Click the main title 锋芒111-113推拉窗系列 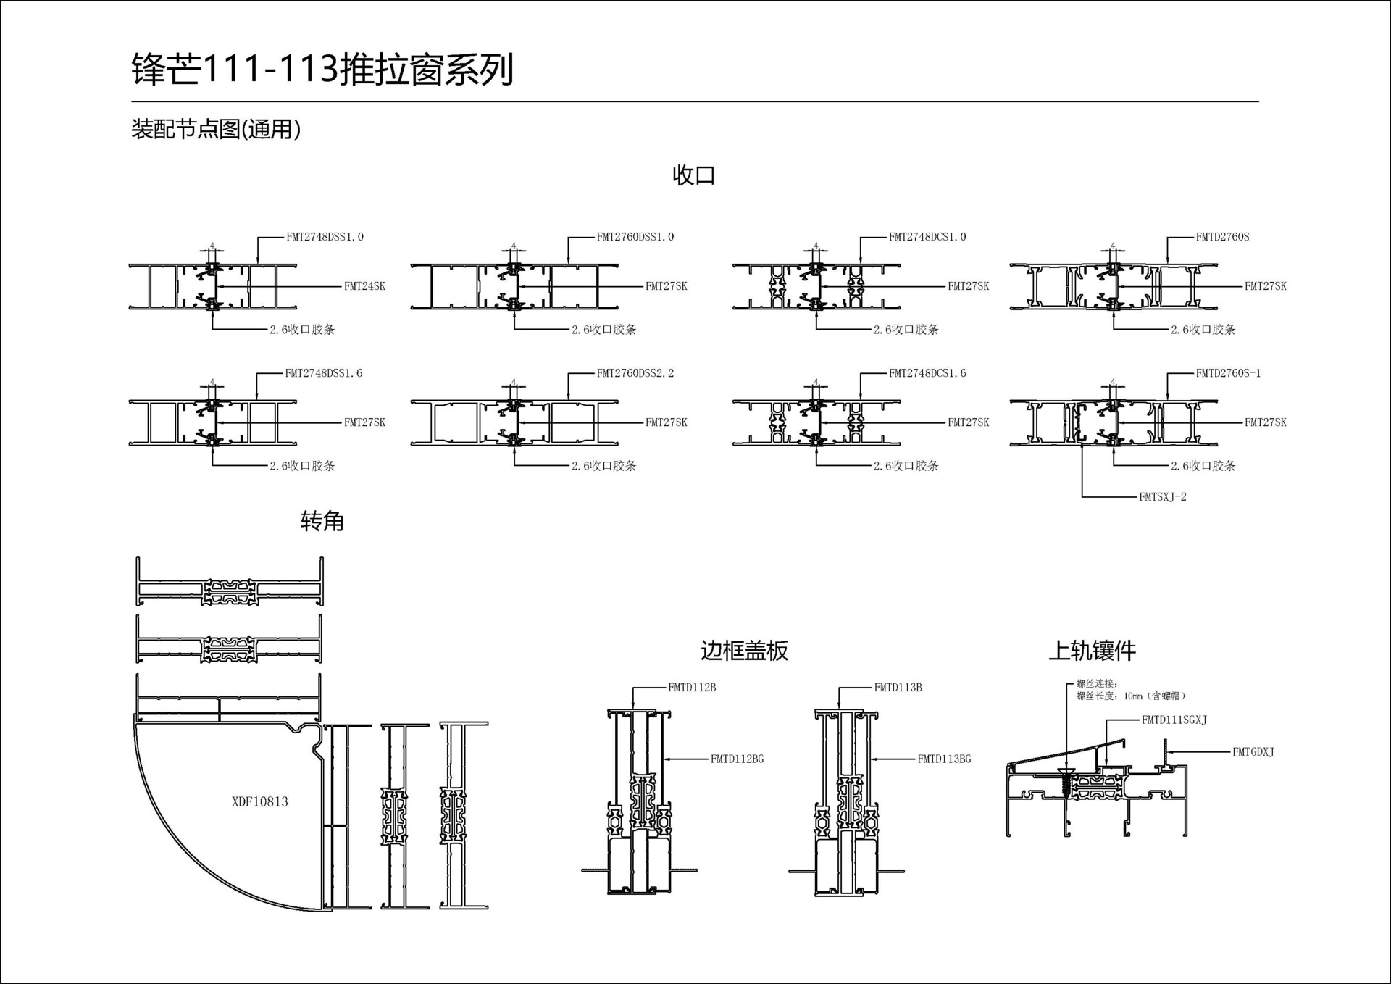tap(322, 70)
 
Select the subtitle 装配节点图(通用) tap(215, 130)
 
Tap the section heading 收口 tap(693, 175)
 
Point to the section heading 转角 tap(322, 521)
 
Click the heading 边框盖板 tap(744, 651)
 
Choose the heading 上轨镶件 tap(1092, 651)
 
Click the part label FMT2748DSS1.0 tap(325, 237)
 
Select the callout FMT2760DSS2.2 tap(635, 373)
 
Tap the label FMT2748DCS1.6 tap(927, 373)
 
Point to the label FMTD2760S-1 tap(1228, 373)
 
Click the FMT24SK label tap(364, 286)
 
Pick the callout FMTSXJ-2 tap(1162, 497)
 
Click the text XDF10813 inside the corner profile tap(259, 801)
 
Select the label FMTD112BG tap(737, 759)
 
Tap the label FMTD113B tap(898, 688)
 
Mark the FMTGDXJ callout tap(1253, 752)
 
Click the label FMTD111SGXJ tap(1174, 720)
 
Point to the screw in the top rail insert tap(1066, 782)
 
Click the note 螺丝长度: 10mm tap(1130, 696)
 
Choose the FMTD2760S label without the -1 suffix tap(1222, 237)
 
